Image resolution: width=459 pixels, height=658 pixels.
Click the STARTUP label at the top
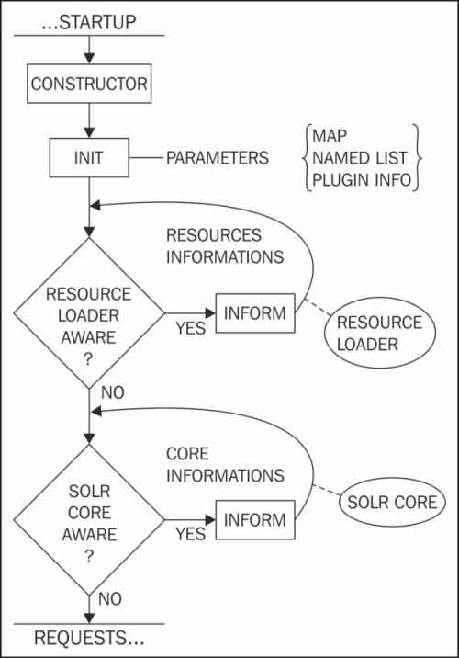[x=89, y=18]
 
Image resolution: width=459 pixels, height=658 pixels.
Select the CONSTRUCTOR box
[x=89, y=85]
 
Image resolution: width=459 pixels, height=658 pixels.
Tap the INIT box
[x=89, y=158]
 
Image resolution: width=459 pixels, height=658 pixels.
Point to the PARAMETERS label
[x=218, y=158]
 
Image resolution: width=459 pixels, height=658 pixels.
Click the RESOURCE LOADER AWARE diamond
[x=89, y=314]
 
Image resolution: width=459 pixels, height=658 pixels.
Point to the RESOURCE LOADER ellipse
[x=379, y=333]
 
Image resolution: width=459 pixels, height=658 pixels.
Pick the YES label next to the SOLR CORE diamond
[x=189, y=534]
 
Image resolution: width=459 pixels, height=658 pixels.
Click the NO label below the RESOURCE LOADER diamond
[x=111, y=393]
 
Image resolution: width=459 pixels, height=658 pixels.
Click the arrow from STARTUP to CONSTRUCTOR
[x=89, y=51]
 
